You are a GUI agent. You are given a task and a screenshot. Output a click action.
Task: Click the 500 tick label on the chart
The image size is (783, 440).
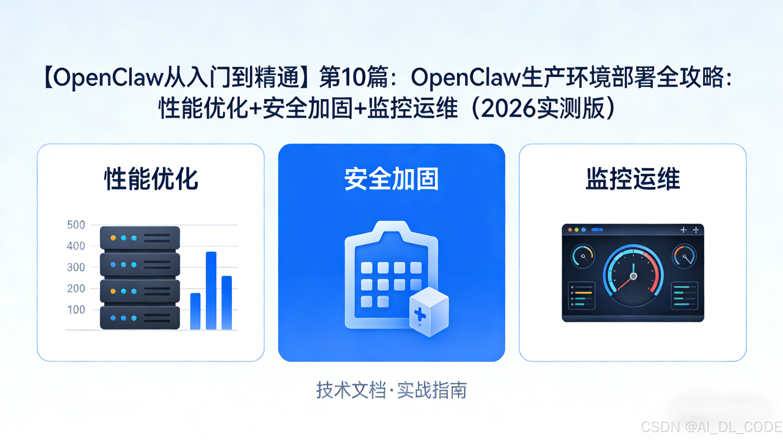pos(76,225)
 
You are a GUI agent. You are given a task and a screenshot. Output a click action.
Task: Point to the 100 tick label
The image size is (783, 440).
pos(76,310)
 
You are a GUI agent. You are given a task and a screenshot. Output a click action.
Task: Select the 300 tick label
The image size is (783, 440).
pos(76,267)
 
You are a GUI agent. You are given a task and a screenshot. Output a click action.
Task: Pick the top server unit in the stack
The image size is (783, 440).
pos(140,238)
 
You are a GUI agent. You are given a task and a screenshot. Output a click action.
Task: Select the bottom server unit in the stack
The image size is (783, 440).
pos(140,318)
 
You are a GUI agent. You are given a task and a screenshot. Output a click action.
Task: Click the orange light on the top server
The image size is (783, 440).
pos(113,238)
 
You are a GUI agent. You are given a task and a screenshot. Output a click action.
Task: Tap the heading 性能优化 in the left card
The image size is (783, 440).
pos(151,179)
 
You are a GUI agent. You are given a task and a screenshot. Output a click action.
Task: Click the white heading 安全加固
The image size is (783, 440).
pos(391,179)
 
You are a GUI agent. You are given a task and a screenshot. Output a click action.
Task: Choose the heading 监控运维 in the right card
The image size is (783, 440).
pos(633,179)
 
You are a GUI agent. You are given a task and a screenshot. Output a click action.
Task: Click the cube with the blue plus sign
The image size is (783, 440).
pos(429,312)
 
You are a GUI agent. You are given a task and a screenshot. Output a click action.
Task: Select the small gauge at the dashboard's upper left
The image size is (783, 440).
pos(583,256)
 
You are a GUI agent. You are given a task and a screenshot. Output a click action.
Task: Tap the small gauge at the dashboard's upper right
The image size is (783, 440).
pos(684,256)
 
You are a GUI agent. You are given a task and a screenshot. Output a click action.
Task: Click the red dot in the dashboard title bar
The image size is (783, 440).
pos(570,230)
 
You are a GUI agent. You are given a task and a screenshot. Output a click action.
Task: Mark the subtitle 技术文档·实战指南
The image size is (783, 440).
pos(391,390)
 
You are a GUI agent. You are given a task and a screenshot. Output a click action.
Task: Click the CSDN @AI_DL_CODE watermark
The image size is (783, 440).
pos(711,427)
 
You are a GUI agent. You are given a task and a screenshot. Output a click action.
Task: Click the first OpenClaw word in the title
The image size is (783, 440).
pos(108,77)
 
